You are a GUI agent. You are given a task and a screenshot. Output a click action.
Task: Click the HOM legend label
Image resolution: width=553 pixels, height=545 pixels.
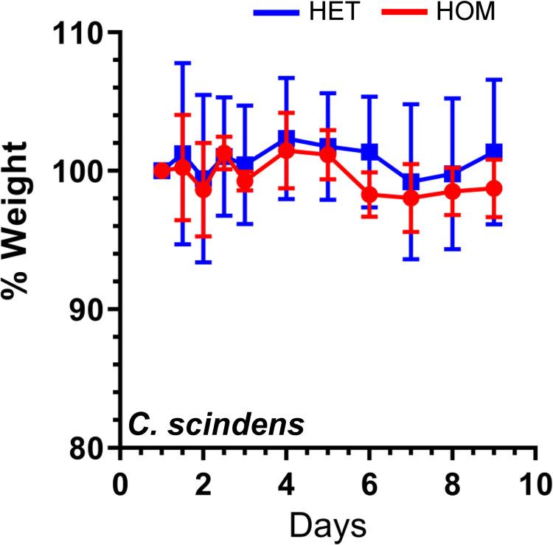[x=465, y=12]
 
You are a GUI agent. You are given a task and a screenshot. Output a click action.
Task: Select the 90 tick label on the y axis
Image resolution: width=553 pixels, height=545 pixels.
[x=88, y=309]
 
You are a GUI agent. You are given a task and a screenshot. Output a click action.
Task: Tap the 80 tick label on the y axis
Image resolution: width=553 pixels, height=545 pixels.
[x=88, y=447]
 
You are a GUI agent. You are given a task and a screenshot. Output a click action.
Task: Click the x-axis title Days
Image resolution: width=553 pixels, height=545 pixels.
[x=328, y=527]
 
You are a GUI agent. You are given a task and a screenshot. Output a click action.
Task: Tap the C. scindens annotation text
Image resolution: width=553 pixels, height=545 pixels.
[x=215, y=426]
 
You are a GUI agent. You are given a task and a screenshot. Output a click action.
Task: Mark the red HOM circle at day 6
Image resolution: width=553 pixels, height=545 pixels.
[x=369, y=195]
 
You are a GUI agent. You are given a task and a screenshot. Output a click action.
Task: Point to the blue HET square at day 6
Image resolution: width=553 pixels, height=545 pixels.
[x=369, y=151]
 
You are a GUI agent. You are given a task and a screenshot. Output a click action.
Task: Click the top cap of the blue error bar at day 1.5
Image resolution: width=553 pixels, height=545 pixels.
[x=182, y=63]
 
